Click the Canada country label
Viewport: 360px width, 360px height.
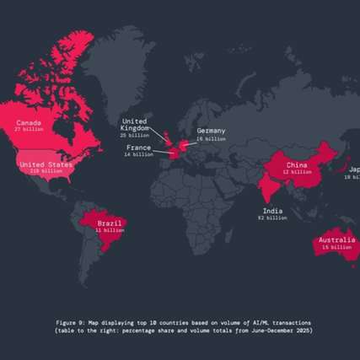pyautogui.click(x=28, y=123)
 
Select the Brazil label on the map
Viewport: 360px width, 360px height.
pyautogui.click(x=110, y=223)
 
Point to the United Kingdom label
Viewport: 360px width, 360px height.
pyautogui.click(x=135, y=125)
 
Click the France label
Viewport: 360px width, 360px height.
pyautogui.click(x=138, y=148)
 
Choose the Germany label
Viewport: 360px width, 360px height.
pyautogui.click(x=211, y=132)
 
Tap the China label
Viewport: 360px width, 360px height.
pyautogui.click(x=296, y=165)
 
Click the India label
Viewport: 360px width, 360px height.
pyautogui.click(x=272, y=211)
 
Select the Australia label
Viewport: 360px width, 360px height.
pyautogui.click(x=335, y=241)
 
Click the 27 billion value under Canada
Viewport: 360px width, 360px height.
pyautogui.click(x=28, y=131)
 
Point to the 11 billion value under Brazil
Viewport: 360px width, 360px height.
pyautogui.click(x=110, y=230)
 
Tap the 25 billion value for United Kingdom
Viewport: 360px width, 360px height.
pyautogui.click(x=135, y=135)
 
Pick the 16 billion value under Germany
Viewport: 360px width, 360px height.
pyautogui.click(x=211, y=139)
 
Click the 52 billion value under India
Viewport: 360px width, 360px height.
pyautogui.click(x=272, y=218)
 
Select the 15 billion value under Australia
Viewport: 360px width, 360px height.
pyautogui.click(x=335, y=248)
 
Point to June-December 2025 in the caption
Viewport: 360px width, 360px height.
pyautogui.click(x=279, y=330)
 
